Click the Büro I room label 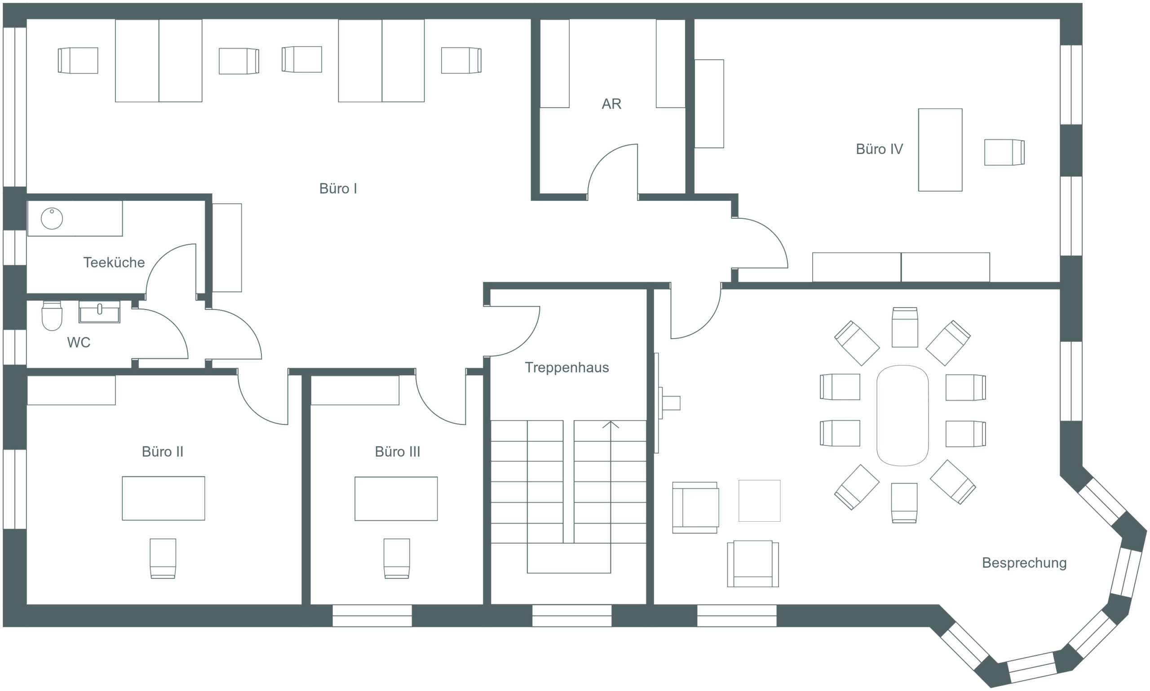338,189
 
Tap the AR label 611,104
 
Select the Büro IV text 880,149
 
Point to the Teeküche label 114,263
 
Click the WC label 78,343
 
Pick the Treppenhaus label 567,368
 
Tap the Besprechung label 1024,563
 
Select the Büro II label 163,452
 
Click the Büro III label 397,452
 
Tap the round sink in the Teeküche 52,218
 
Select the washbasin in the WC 99,312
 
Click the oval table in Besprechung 902,415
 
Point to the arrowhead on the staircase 610,424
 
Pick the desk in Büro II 164,498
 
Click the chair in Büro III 397,558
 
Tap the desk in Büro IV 940,150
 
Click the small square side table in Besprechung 759,501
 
